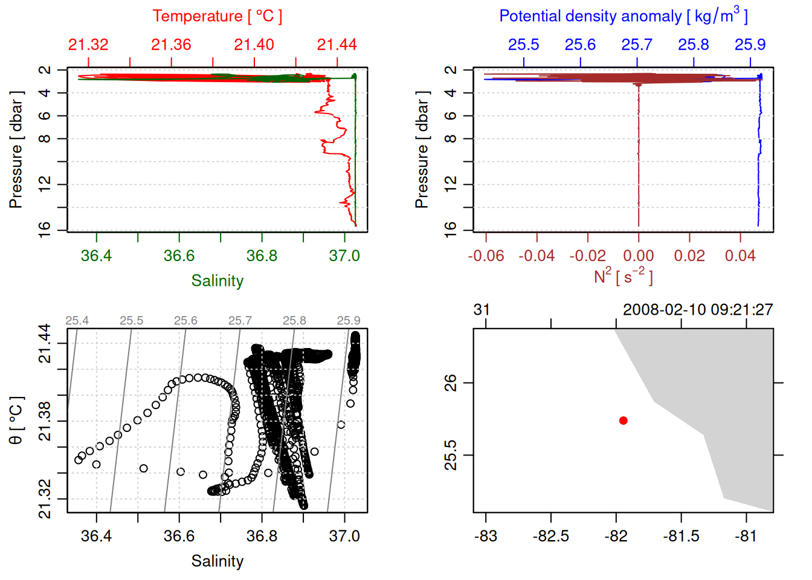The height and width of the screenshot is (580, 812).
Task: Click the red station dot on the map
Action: tap(623, 420)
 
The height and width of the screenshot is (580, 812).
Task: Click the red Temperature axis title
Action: tap(217, 16)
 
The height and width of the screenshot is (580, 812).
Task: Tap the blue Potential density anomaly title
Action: tap(623, 16)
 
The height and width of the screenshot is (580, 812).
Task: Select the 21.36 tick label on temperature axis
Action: tap(171, 45)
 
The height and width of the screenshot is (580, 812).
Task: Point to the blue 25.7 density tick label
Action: tap(637, 45)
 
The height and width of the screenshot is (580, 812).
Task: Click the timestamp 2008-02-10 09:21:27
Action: tap(698, 310)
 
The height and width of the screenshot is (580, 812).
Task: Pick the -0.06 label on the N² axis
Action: tap(486, 256)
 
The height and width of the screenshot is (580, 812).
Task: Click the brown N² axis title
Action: tap(623, 277)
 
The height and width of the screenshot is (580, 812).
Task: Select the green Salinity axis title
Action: tap(217, 281)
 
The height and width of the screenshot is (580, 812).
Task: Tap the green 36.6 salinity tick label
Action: tap(179, 256)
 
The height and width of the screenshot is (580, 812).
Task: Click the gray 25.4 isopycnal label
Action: tap(77, 321)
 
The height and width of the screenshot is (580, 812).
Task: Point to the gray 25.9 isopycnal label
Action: tap(349, 321)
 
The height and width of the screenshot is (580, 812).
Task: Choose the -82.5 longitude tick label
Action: tap(550, 536)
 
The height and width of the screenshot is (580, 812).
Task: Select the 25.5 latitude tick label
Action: tap(451, 455)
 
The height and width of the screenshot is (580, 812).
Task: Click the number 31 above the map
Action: tap(482, 310)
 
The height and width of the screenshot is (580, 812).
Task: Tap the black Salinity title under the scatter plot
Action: tap(217, 561)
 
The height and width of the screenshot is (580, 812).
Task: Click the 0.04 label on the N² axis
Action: tap(740, 256)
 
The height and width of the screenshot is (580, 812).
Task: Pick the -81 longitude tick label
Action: tap(746, 536)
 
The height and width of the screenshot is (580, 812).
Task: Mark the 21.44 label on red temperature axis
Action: tap(337, 45)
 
